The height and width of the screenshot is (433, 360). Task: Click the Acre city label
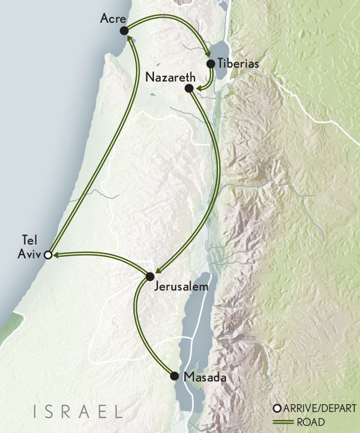click(x=111, y=18)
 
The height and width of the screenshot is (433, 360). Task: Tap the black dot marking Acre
click(x=124, y=30)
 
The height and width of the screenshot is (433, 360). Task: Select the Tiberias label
click(x=238, y=64)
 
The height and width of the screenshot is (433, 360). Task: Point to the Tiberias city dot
click(x=211, y=63)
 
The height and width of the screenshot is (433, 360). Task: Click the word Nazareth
click(x=168, y=77)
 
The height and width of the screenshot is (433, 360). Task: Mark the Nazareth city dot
click(x=189, y=88)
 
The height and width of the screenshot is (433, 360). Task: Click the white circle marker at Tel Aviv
click(x=48, y=255)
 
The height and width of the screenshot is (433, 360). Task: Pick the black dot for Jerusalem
click(x=150, y=276)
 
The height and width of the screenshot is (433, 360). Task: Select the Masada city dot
click(x=174, y=375)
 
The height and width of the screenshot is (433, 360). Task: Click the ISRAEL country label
click(x=78, y=411)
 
